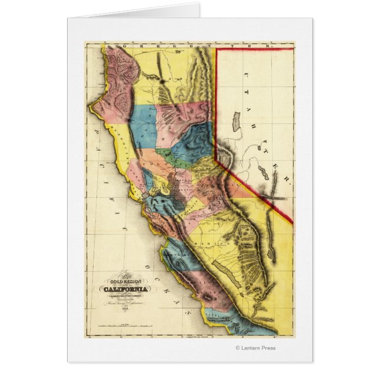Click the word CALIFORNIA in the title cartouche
(127, 288)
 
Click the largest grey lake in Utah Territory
(237, 121)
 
